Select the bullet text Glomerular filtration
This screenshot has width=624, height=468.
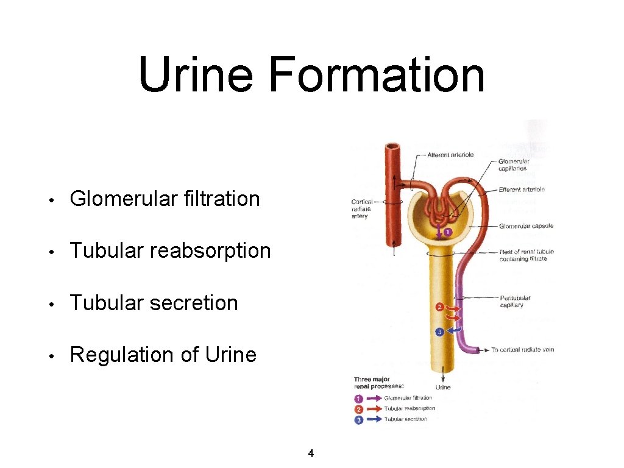(165, 199)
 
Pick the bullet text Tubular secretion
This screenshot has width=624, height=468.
(154, 303)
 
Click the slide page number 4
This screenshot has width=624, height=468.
(311, 453)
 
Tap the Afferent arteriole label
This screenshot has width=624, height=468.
(450, 155)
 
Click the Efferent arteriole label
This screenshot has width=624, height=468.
(521, 190)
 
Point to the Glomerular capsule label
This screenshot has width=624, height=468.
(526, 226)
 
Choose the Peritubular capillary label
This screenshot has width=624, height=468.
(515, 302)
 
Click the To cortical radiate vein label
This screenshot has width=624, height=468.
(522, 350)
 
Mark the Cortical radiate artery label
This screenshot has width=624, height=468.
(361, 209)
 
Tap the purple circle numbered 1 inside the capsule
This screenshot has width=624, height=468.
(447, 232)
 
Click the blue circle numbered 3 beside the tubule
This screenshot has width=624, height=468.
(439, 332)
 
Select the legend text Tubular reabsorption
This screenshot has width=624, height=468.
(409, 408)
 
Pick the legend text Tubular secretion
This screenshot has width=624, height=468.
(405, 419)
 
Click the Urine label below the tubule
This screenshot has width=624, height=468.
(443, 387)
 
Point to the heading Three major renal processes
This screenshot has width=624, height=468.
(378, 383)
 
